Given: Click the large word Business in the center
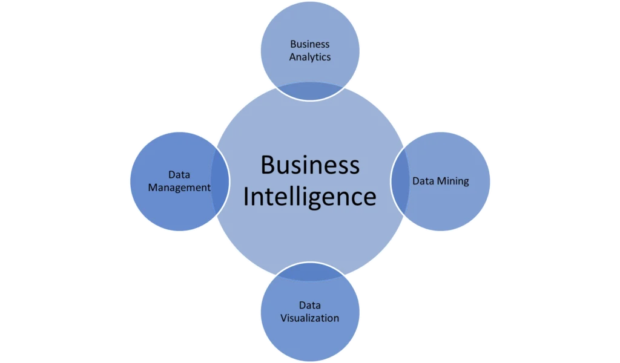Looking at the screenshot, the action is pos(310,165).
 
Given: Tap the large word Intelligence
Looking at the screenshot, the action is pos(309,197).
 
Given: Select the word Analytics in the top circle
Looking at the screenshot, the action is pos(309,57).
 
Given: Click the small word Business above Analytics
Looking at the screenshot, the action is pos(309,44).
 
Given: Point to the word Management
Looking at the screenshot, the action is pos(179,188).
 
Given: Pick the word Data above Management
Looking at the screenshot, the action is pos(179,175).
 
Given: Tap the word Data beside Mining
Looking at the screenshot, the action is pos(423,181).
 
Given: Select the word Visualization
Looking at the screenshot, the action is pos(309,318).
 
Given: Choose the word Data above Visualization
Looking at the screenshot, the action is pos(309,305).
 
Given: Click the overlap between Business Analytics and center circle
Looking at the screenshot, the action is pos(309,91).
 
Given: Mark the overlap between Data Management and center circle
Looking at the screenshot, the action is pos(220,181).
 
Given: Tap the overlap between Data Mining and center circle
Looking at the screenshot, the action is pos(400,181).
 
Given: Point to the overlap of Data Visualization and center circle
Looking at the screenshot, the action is pos(309,272).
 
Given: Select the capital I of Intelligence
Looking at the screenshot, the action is pos(246,196).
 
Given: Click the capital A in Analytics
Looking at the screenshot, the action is pos(294,57).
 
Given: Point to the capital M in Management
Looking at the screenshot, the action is pos(153,187).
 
